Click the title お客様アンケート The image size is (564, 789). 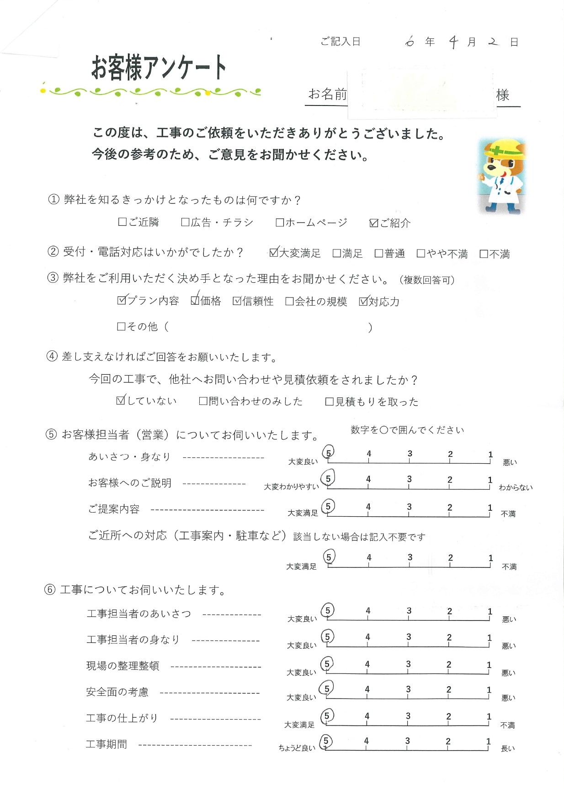(159, 68)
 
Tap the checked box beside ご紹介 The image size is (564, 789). (374, 223)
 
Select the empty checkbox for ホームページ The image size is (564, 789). (280, 222)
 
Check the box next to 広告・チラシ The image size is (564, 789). (185, 222)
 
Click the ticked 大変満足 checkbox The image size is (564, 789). (274, 253)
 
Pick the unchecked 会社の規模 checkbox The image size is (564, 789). (289, 302)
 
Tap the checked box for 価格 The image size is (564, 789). (195, 301)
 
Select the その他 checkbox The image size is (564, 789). (122, 326)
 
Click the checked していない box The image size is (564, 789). (121, 401)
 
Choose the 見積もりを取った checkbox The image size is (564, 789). (329, 402)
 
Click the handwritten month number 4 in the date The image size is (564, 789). (453, 42)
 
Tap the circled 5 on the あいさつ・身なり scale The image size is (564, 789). (328, 453)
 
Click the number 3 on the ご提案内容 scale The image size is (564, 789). (409, 507)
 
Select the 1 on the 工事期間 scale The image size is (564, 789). (488, 741)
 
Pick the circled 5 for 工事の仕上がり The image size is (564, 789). (326, 716)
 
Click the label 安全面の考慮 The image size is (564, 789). (117, 692)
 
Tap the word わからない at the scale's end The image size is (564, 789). (516, 487)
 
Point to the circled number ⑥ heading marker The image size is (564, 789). (50, 590)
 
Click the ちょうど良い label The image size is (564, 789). (297, 748)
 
